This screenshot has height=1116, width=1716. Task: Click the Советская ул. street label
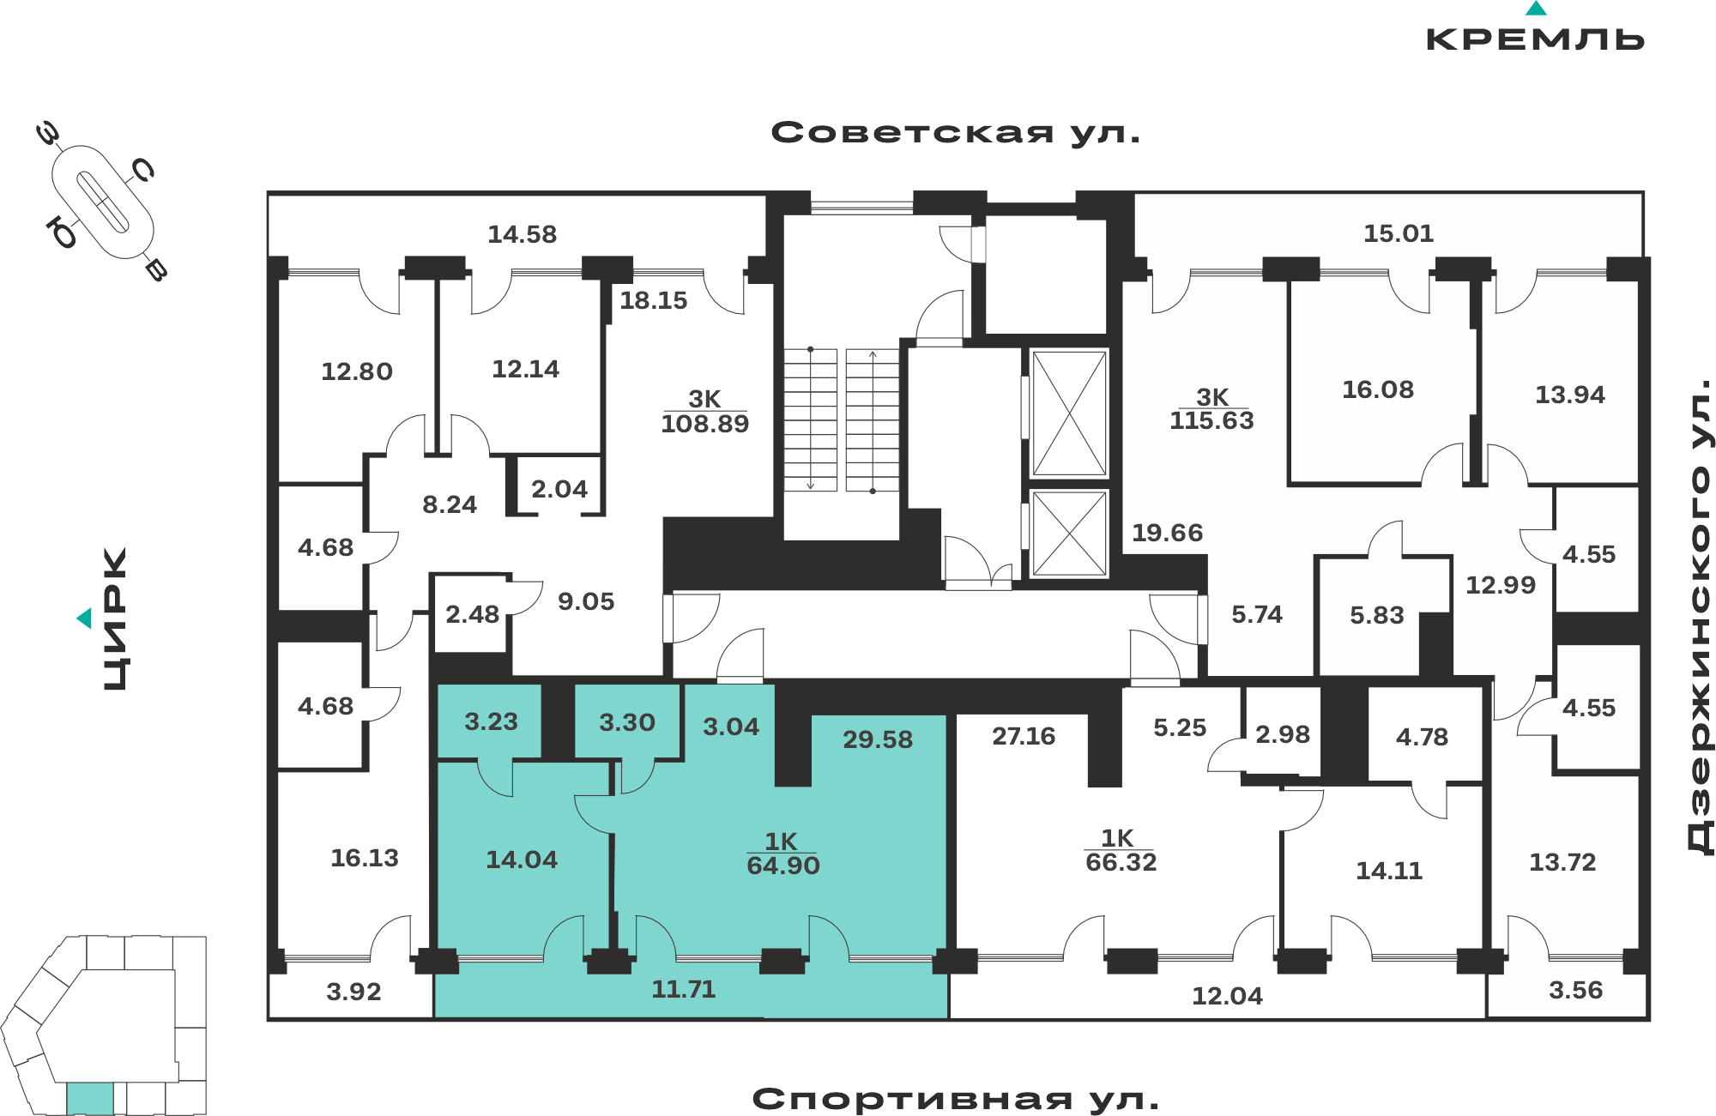point(956,133)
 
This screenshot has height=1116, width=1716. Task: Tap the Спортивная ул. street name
point(956,1099)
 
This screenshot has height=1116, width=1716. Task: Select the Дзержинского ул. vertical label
point(1700,616)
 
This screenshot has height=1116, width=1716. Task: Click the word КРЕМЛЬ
point(1535,39)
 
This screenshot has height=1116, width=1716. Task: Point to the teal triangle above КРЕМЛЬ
point(1536,9)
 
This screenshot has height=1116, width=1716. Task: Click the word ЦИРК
point(115,618)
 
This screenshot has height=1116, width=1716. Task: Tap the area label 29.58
point(878,739)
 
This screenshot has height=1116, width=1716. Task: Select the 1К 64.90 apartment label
point(783,854)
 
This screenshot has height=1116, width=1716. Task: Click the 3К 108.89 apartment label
point(705,412)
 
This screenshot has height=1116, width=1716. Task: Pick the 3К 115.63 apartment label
point(1212,409)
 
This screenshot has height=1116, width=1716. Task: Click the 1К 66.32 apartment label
point(1121,851)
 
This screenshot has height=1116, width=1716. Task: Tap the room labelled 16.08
point(1378,389)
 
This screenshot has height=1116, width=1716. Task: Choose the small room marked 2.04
point(559,489)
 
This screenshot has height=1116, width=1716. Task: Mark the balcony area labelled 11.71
point(684,990)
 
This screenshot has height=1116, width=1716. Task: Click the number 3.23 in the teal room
point(492,721)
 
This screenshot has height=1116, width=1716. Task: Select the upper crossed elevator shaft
point(1070,413)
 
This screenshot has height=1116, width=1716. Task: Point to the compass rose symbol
point(102,202)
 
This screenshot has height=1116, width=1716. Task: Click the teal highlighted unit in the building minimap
point(90,1099)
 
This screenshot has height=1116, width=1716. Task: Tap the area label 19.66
point(1168,533)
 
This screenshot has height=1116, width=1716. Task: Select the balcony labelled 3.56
point(1576,991)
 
